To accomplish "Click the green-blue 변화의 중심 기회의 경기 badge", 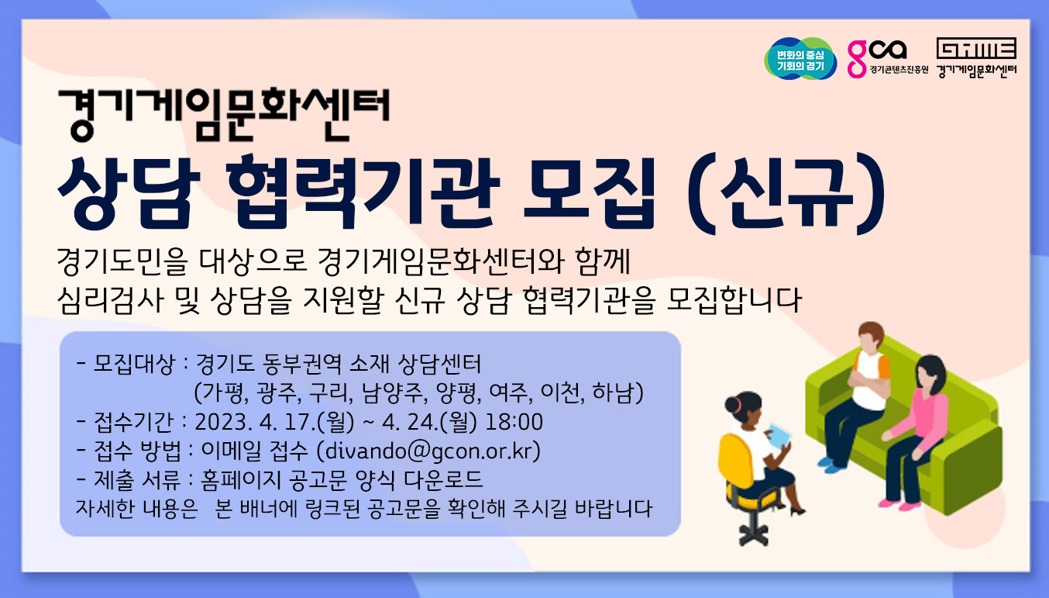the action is (x=800, y=59).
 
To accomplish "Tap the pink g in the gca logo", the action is (x=857, y=59).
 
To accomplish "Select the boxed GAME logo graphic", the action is (x=976, y=48).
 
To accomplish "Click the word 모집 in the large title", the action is (x=590, y=192).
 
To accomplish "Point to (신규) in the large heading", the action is (x=786, y=192).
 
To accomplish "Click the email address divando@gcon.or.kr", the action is (x=428, y=451).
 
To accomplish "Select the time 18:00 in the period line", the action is (x=514, y=422).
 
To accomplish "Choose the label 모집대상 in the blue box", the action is (x=134, y=364).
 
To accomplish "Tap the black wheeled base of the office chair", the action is (x=754, y=533).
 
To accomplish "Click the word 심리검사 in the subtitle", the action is (x=111, y=300).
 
